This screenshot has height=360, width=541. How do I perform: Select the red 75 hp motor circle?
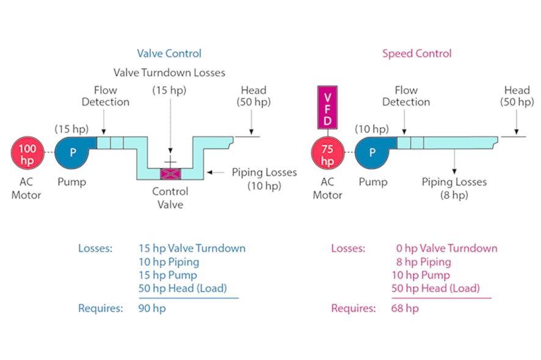point(328,153)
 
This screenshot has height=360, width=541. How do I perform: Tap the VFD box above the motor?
point(328,107)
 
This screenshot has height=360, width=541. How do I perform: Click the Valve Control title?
point(169,54)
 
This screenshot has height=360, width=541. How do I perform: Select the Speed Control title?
point(416,54)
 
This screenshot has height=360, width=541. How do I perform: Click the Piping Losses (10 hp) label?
point(264,179)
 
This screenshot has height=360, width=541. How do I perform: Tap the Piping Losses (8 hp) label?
point(454,188)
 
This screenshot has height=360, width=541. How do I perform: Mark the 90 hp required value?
point(152,308)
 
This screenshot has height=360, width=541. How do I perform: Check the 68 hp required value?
point(405,308)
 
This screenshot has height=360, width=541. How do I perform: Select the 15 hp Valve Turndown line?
point(192,248)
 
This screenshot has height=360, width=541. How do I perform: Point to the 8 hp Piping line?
point(423,262)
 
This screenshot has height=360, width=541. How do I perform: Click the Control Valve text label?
point(170,198)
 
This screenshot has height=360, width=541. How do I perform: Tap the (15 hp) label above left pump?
point(71,129)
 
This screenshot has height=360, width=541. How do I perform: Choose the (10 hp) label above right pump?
point(371,129)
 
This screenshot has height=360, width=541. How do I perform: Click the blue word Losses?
point(95,248)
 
